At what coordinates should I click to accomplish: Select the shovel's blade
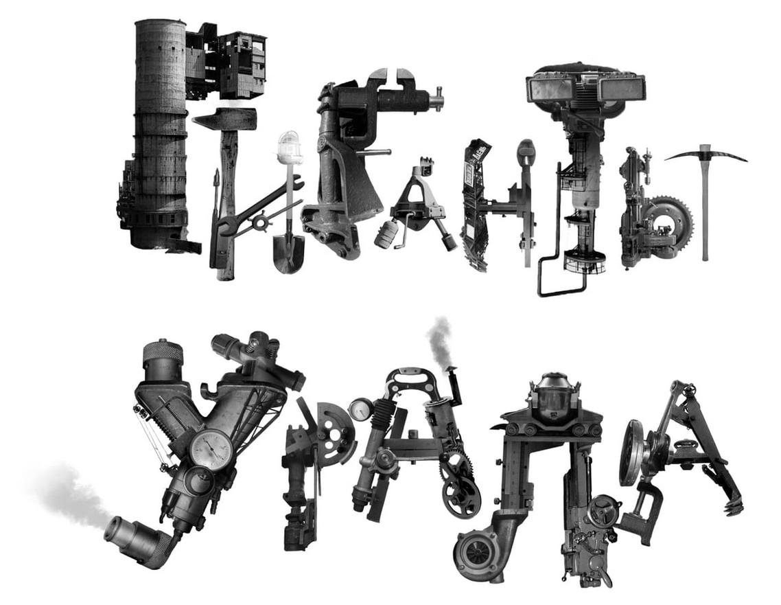(x=288, y=253)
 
